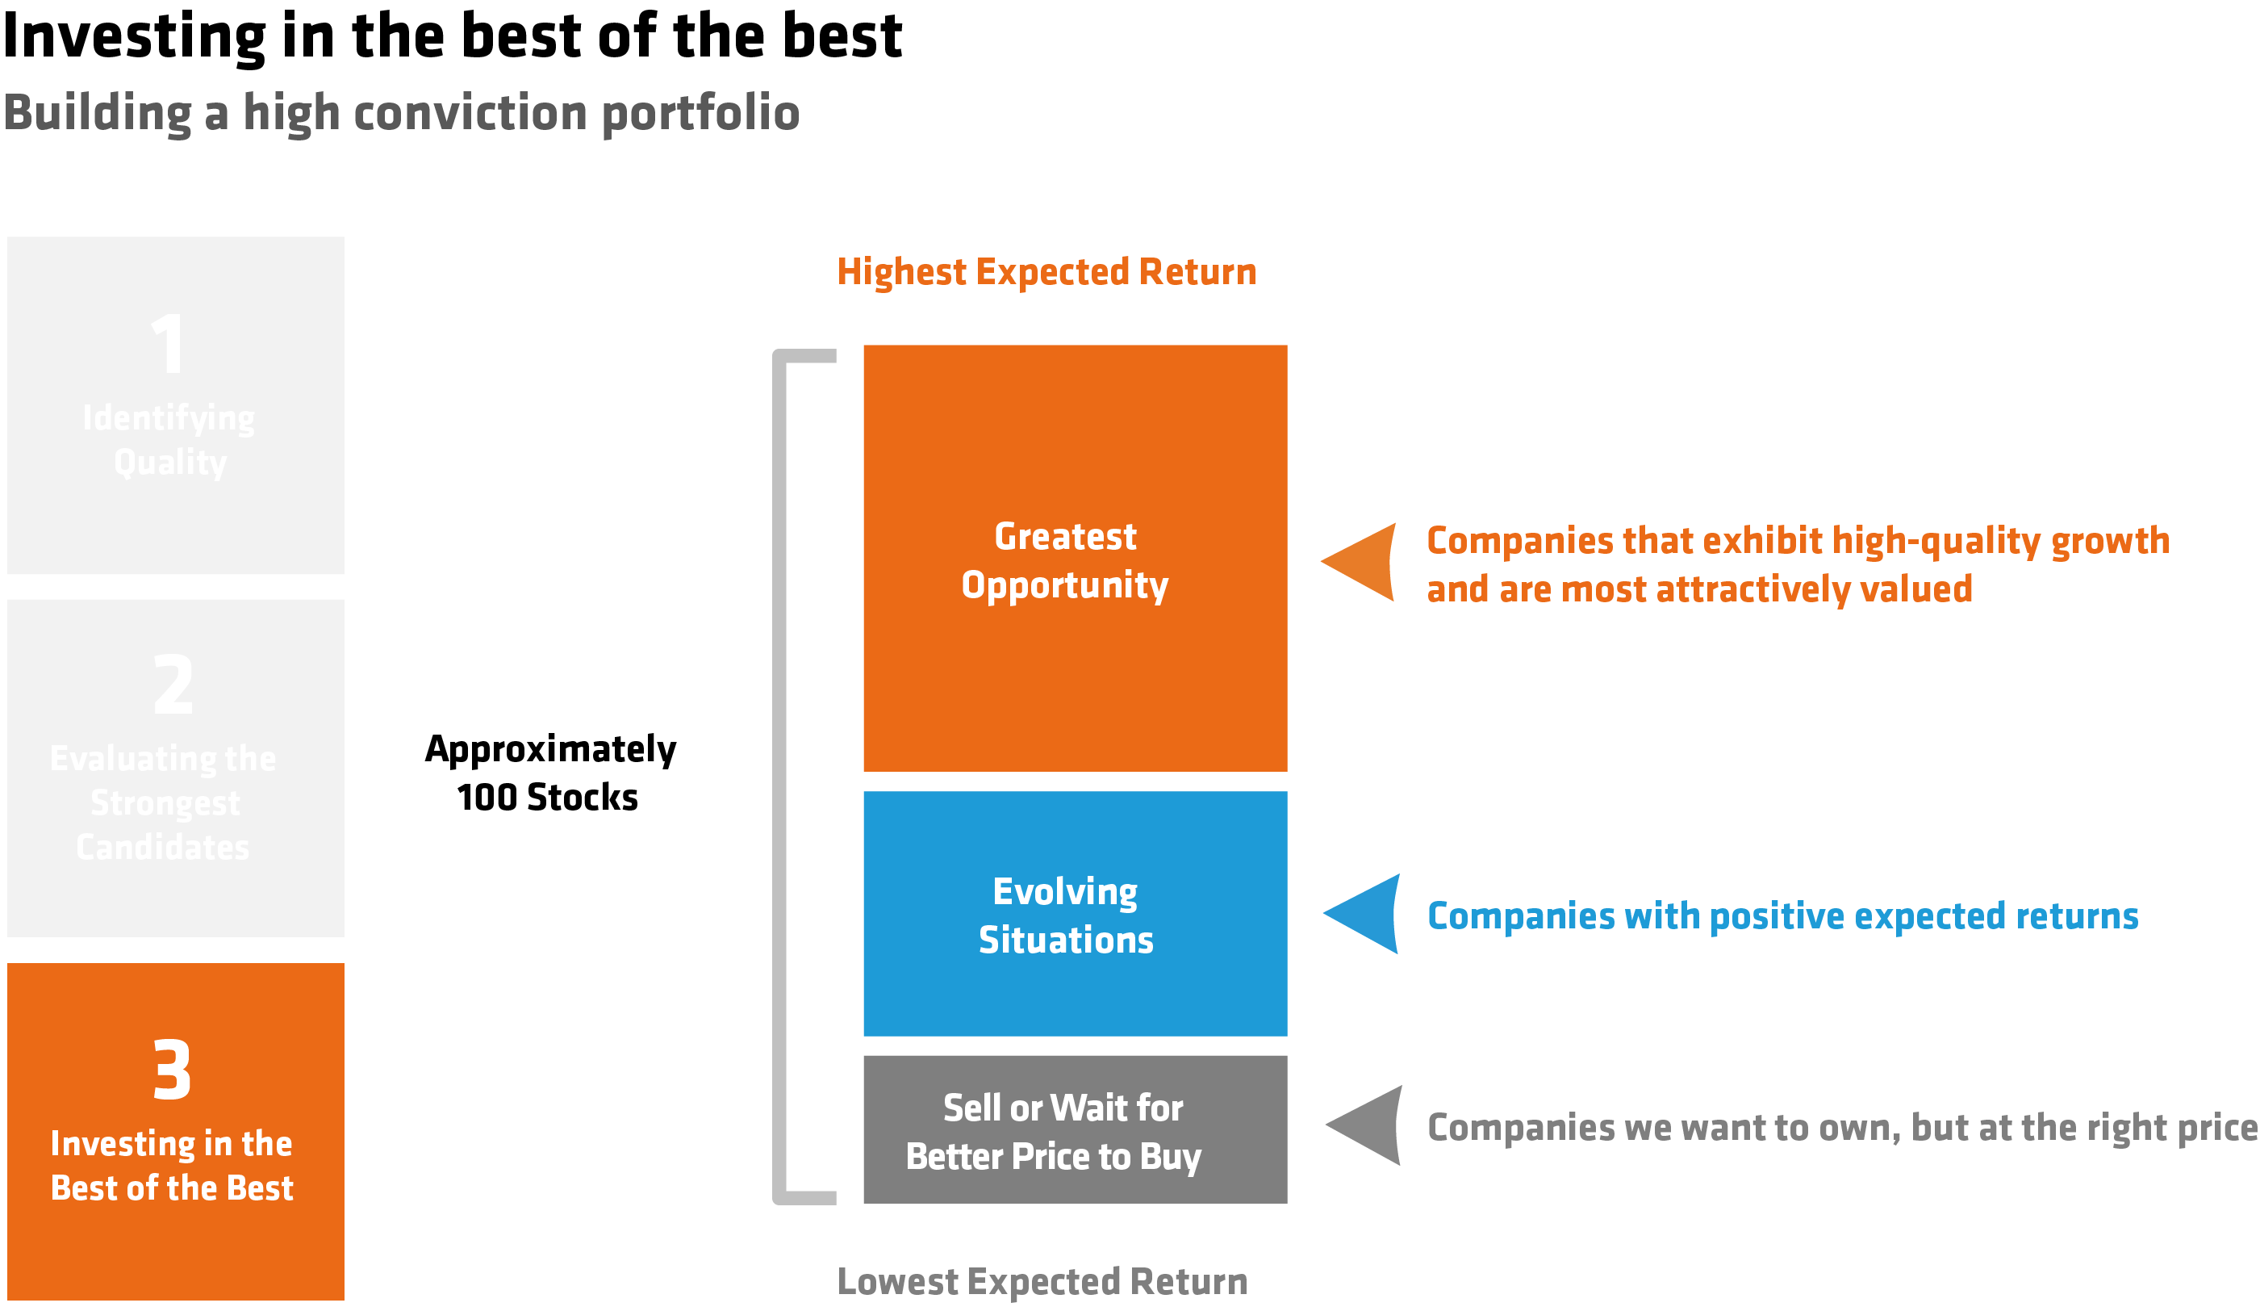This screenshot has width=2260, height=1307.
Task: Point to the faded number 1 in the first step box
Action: tap(169, 345)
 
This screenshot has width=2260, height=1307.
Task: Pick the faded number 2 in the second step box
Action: tap(173, 685)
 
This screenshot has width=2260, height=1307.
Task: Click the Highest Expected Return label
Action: tap(1046, 272)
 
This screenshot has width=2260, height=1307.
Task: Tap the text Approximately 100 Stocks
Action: tap(549, 773)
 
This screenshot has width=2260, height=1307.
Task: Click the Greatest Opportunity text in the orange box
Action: tap(1065, 560)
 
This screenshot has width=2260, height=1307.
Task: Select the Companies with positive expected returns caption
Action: tap(1782, 916)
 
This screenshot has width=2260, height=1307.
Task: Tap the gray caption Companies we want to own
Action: tap(1839, 1128)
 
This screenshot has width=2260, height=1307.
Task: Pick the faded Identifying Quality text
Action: tap(169, 439)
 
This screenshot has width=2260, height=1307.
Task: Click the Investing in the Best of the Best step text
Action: tap(171, 1165)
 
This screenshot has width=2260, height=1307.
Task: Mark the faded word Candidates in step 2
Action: tap(163, 848)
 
